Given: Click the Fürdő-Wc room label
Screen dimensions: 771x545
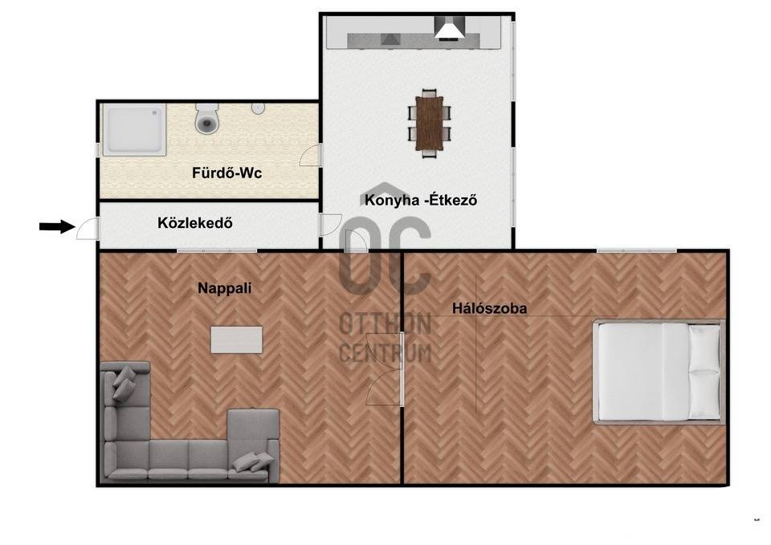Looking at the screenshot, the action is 226,173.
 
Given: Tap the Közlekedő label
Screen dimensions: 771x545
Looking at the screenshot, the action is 195,223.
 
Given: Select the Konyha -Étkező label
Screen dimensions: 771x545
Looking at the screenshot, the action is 421,200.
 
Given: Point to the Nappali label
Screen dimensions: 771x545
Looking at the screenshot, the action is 225,288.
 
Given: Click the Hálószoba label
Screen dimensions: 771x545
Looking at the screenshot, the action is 490,309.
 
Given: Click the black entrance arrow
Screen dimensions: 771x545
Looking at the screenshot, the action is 57,226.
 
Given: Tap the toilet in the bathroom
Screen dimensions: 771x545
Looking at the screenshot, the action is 207,118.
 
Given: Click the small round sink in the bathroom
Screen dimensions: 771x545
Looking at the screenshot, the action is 258,108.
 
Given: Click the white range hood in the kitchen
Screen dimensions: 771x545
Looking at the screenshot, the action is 449,27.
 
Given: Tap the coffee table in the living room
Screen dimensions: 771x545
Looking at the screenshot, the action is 236,340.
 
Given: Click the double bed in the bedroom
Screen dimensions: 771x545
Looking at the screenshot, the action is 659,372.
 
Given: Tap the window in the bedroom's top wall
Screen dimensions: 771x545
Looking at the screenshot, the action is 637,251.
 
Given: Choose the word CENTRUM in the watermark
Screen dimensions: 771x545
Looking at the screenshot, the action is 385,354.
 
